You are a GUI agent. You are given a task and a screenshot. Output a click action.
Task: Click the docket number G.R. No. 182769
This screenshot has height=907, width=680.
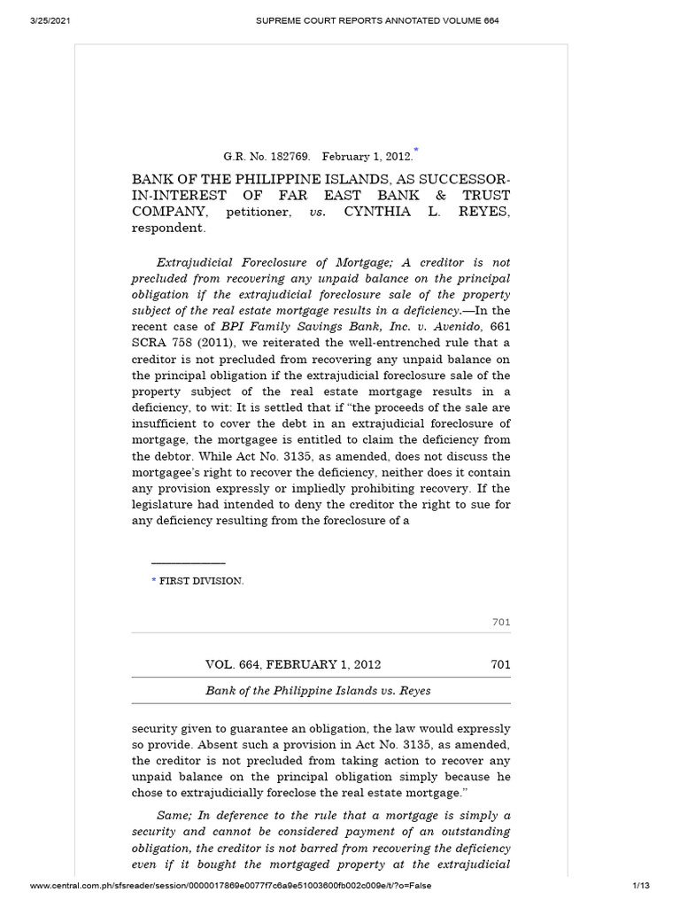point(261,157)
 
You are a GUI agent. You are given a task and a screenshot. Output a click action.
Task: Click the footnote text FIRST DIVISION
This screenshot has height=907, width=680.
point(201,581)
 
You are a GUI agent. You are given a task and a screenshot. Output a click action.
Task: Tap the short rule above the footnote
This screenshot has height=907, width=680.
point(188,562)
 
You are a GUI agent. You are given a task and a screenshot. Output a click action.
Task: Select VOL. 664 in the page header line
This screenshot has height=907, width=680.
point(234,664)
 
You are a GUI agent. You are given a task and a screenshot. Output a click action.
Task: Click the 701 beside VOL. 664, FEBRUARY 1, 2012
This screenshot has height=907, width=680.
point(500,664)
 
